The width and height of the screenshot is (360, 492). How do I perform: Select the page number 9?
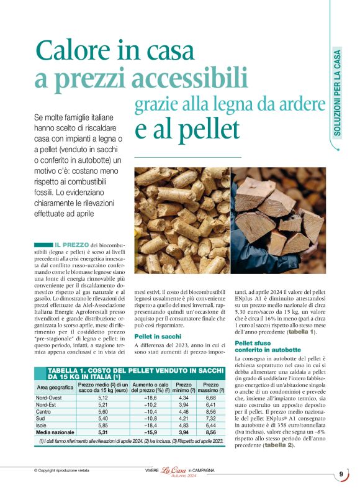341,475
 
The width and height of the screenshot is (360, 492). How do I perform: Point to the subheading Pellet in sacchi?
158,336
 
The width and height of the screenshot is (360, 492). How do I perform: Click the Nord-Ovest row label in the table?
50,398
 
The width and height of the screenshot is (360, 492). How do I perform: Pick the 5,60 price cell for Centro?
103,411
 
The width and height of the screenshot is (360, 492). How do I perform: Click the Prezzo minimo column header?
183,387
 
